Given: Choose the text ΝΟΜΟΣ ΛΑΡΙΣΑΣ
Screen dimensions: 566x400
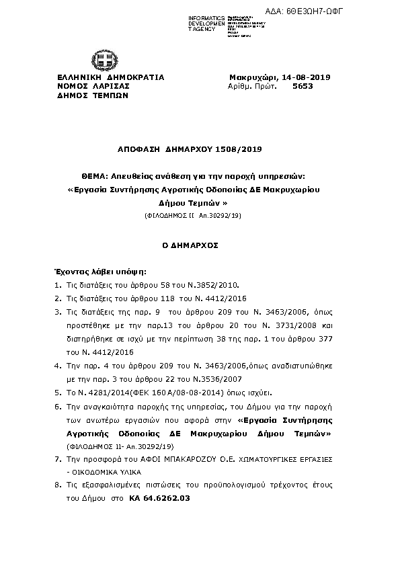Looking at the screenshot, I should tap(93, 87).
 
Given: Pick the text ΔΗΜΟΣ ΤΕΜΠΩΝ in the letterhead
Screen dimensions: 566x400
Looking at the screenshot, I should tap(93, 96).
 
